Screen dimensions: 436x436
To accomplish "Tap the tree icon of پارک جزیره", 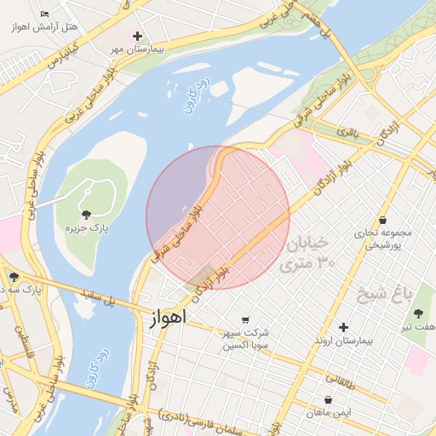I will tap(85, 213).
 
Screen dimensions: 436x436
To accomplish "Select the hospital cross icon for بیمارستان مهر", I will tap(137, 36).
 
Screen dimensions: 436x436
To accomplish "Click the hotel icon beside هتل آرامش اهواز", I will tap(45, 14).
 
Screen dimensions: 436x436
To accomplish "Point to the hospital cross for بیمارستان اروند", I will tap(343, 327).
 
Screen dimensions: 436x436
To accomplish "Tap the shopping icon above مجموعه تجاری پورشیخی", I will tap(382, 220).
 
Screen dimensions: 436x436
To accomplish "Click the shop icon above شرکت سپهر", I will tap(245, 319).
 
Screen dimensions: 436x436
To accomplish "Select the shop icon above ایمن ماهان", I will tap(328, 399).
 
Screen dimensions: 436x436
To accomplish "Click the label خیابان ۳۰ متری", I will tap(307, 253).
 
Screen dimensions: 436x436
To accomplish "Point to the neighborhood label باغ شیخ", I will tap(408, 294).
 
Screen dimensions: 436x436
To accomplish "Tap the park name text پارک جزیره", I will tap(86, 228).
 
